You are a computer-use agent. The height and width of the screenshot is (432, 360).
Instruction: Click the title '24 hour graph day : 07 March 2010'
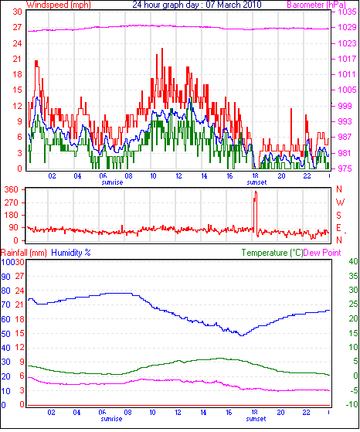click(x=197, y=5)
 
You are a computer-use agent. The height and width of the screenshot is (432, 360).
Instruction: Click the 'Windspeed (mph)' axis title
click(x=59, y=5)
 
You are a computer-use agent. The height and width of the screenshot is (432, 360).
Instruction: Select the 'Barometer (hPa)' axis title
click(x=316, y=5)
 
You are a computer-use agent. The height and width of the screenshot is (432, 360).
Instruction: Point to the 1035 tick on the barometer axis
click(x=348, y=12)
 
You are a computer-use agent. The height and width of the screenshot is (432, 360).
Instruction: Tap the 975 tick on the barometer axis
click(x=345, y=168)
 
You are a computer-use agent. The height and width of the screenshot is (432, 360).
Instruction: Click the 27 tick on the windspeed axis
click(x=17, y=27)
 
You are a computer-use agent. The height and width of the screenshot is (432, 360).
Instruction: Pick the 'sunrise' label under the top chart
click(x=112, y=182)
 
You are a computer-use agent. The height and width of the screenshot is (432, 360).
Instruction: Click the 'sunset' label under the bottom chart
click(x=256, y=419)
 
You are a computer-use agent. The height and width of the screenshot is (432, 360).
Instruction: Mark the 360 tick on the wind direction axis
click(x=12, y=189)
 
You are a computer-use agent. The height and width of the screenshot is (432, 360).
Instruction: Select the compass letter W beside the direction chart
click(x=340, y=202)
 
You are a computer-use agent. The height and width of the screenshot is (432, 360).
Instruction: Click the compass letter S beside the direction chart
click(x=339, y=215)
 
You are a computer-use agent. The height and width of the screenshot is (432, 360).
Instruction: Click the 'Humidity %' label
click(x=71, y=253)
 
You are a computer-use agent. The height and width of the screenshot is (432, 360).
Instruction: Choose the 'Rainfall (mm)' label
click(x=24, y=253)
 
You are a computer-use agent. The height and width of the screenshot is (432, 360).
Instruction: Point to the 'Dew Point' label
click(x=322, y=253)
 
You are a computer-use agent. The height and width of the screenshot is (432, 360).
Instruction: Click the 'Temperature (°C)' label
click(x=272, y=253)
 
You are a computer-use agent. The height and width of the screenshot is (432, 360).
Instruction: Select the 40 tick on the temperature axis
click(x=353, y=261)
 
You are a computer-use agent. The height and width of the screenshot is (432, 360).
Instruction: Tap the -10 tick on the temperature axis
click(x=352, y=404)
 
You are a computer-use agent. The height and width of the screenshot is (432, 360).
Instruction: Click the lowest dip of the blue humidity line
click(x=242, y=335)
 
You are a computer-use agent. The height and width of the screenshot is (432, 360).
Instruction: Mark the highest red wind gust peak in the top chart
click(x=162, y=49)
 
